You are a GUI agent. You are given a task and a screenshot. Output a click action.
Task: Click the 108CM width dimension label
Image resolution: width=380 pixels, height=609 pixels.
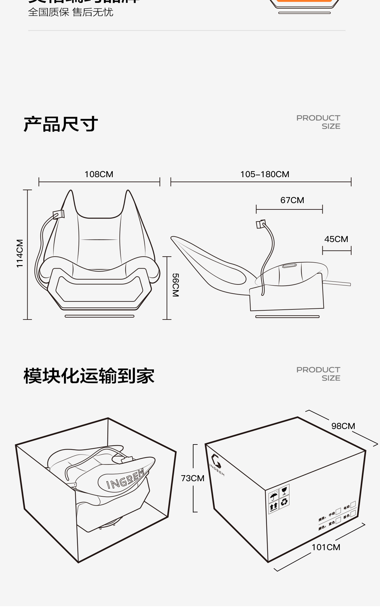tap(99, 174)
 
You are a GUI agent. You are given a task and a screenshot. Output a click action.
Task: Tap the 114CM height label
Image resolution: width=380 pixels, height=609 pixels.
tap(20, 253)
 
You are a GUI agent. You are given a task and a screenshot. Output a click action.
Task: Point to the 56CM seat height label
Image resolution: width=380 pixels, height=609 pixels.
tap(175, 285)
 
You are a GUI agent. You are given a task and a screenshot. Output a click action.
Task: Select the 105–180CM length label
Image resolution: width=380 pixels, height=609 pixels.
tap(265, 174)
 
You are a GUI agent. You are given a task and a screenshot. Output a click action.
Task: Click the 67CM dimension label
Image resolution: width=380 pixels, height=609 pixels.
tap(292, 200)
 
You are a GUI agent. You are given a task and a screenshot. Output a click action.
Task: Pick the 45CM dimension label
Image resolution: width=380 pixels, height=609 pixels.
tap(336, 239)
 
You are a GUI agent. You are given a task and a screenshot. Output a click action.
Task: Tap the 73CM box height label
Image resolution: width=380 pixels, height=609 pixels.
tap(193, 478)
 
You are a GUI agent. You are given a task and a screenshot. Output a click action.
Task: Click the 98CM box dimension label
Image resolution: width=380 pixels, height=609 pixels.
tap(343, 426)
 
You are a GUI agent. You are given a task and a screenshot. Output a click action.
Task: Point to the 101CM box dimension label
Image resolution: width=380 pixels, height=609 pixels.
tap(326, 547)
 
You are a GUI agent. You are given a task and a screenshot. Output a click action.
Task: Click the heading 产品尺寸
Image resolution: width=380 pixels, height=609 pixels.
tap(61, 124)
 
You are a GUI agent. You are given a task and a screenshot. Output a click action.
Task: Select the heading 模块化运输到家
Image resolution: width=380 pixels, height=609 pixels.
tap(89, 376)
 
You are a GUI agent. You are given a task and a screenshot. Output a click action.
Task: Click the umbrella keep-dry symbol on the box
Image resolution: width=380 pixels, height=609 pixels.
tap(274, 496)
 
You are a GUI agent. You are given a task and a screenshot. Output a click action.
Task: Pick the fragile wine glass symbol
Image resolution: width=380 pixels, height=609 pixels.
tap(284, 490)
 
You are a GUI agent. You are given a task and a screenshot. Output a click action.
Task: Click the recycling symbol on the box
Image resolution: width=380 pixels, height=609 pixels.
tap(284, 501)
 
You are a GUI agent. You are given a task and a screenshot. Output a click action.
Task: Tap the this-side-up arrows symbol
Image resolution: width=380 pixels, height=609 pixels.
tap(274, 507)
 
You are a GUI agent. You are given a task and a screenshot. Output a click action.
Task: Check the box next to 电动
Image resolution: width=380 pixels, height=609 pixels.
tap(353, 504)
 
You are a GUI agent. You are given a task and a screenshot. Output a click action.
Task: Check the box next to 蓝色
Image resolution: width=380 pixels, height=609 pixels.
tap(338, 520)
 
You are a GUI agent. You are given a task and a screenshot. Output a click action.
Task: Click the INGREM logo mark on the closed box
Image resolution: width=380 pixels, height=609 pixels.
tap(216, 460)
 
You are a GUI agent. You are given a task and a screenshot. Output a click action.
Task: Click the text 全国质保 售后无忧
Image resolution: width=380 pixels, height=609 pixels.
tap(71, 12)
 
